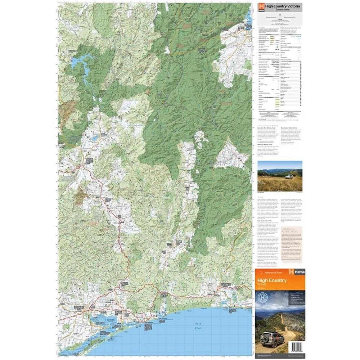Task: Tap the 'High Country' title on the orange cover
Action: pos(273,280)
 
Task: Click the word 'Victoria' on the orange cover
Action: pos(263,285)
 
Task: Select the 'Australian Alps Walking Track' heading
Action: pos(270,129)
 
